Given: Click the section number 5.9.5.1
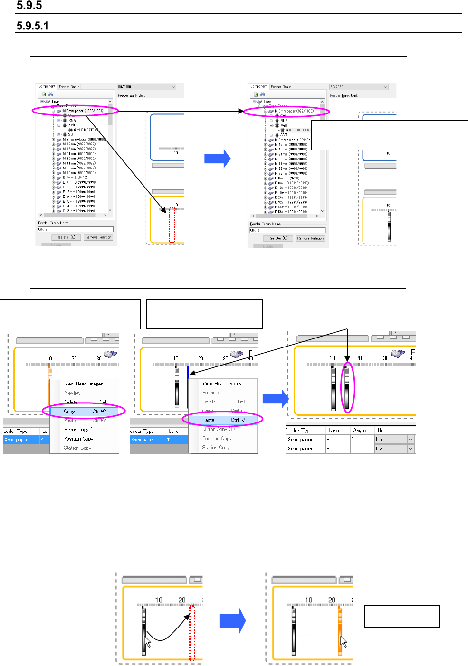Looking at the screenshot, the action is pyautogui.click(x=33, y=26).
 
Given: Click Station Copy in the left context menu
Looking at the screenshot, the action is pyautogui.click(x=77, y=448).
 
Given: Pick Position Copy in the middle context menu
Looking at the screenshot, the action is pyautogui.click(x=217, y=438).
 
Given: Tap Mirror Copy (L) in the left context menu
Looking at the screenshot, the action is pyautogui.click(x=80, y=429).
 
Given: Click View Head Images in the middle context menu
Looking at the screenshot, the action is pyautogui.click(x=222, y=383).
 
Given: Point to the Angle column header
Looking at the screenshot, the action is pyautogui.click(x=360, y=431).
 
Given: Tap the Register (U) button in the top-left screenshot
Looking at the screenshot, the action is pyautogui.click(x=66, y=237).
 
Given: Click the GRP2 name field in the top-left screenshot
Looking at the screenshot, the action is pyautogui.click(x=75, y=229).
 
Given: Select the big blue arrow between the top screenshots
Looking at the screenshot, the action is pyautogui.click(x=218, y=159).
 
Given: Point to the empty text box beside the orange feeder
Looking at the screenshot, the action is pyautogui.click(x=402, y=616).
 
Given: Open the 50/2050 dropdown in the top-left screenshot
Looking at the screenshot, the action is pyautogui.click(x=146, y=87).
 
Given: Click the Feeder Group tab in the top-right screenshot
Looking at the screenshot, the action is pyautogui.click(x=281, y=87).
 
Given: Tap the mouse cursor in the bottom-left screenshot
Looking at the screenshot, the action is pyautogui.click(x=148, y=642).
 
